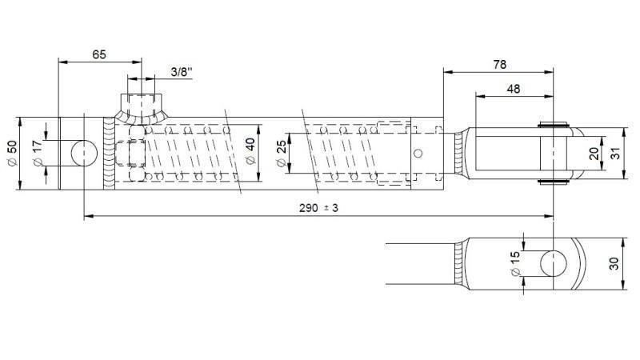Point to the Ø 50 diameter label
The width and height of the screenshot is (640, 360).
pos(12,154)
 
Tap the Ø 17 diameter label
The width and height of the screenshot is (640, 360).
pos(37,154)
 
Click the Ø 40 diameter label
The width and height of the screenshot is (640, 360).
pos(250,152)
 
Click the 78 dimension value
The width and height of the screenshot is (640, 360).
pos(498,64)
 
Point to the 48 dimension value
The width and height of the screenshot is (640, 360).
pos(513,90)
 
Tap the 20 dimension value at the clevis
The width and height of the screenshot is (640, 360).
pos(594,154)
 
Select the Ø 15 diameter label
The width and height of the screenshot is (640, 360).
pos(514,263)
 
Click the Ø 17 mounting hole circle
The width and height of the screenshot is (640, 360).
pos(83,154)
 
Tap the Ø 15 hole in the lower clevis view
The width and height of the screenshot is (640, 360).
pos(552,263)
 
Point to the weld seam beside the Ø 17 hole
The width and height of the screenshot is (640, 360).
pos(110,154)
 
